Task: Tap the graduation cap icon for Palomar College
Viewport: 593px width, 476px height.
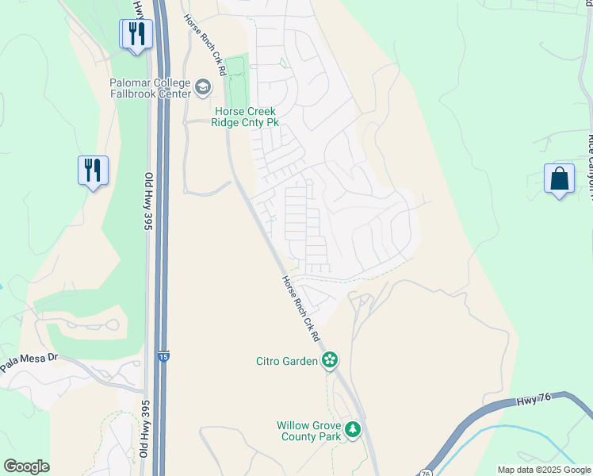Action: tap(203, 86)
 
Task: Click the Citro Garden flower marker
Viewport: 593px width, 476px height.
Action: tap(330, 361)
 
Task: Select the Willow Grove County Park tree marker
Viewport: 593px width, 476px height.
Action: tap(353, 431)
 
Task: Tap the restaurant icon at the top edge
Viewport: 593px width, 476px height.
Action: tap(136, 33)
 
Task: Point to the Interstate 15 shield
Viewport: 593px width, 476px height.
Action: tap(163, 357)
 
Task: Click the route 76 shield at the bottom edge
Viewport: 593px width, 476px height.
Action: tap(427, 472)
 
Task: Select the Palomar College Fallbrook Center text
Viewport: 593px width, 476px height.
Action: tap(151, 88)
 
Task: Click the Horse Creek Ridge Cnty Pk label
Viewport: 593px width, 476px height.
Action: tap(245, 117)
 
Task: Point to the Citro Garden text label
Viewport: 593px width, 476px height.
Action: tap(286, 361)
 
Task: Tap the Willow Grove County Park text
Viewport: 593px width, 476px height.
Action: tap(308, 431)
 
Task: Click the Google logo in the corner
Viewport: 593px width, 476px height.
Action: tap(26, 466)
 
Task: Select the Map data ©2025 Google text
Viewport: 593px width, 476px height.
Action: tap(543, 470)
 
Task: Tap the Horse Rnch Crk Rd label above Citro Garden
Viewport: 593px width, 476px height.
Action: tap(300, 309)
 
